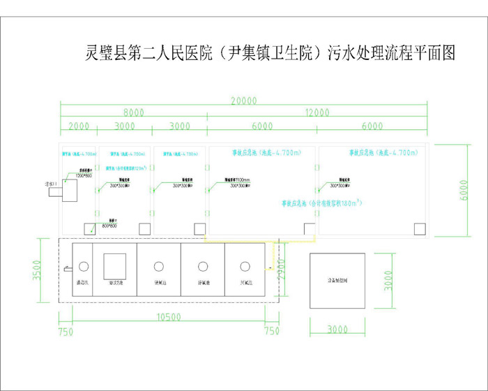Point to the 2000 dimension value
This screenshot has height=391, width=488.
click(79, 126)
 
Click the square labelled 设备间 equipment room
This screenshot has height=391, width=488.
click(337, 277)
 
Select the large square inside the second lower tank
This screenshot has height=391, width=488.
click(115, 267)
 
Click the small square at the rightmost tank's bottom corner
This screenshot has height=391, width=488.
click(419, 228)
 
